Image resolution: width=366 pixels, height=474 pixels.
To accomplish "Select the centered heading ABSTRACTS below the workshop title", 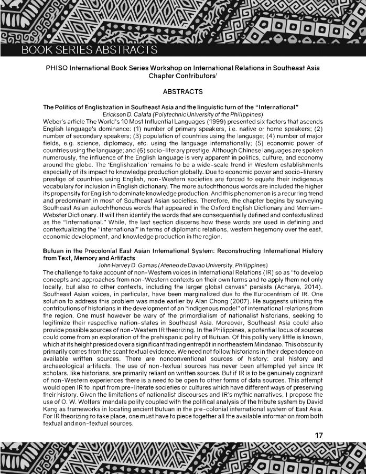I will pos(183,92).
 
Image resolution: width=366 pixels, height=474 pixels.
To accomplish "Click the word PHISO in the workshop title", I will pos(57,68).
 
